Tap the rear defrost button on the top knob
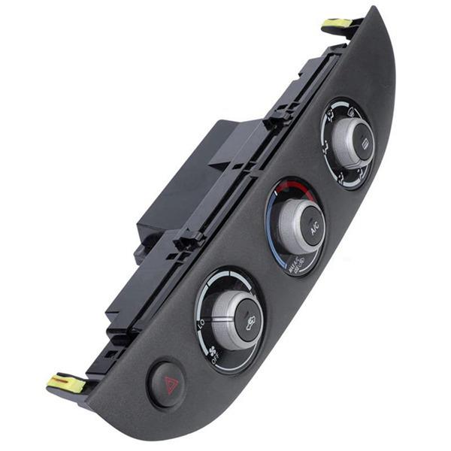coord(362,144)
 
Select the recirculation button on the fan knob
coord(250,322)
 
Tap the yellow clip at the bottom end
coord(66,383)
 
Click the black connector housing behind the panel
coord(180,180)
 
